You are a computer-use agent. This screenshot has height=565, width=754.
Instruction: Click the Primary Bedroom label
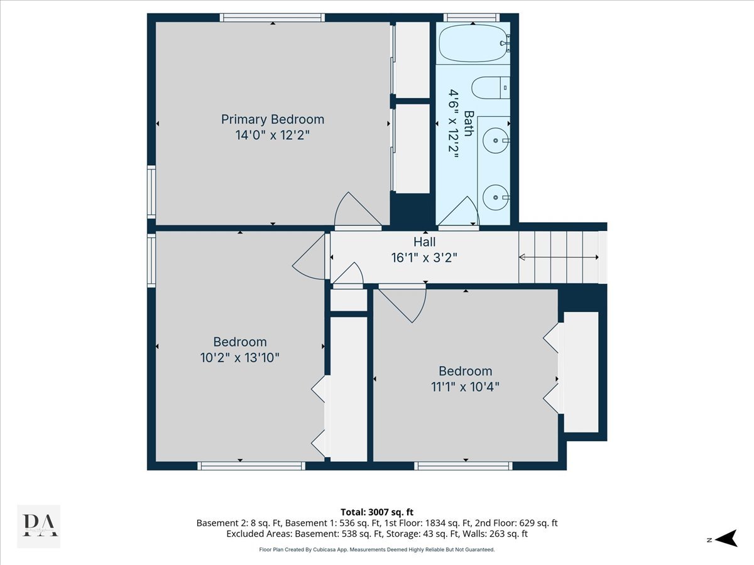(273, 119)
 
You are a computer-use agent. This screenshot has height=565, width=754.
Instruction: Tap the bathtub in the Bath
(473, 43)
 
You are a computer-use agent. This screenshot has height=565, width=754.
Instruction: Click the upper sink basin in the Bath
(496, 140)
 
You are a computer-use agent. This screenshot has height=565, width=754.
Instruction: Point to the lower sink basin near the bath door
(496, 197)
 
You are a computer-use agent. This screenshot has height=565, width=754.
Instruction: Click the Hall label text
(424, 242)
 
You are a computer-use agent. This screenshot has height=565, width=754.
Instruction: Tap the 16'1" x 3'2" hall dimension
(424, 257)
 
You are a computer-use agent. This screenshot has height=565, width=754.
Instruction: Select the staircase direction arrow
(559, 257)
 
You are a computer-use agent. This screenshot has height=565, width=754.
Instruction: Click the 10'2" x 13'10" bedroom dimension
(240, 358)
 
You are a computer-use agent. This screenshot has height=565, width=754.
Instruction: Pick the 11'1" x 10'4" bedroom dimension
(465, 387)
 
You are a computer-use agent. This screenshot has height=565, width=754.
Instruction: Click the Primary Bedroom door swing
(358, 209)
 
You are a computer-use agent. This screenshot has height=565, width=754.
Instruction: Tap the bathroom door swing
(459, 211)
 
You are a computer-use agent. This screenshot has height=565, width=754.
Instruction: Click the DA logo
(39, 526)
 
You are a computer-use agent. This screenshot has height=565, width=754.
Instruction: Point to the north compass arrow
(727, 538)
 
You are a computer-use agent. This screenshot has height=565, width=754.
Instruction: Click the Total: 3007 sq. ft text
(377, 512)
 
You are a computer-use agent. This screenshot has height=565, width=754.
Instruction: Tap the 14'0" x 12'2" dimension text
(273, 135)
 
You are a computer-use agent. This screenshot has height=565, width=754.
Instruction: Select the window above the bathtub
(472, 18)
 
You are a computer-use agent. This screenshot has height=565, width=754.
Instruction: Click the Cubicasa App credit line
(377, 549)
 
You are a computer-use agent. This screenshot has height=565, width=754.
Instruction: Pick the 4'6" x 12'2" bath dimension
(454, 124)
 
